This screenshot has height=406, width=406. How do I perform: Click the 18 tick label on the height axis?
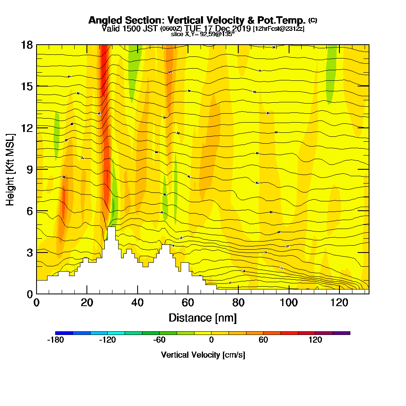pos(27,45)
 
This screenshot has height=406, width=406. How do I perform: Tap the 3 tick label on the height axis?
pos(29,252)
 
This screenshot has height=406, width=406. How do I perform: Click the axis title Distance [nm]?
pos(203,317)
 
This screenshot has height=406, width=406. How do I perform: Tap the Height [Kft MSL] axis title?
pos(11,169)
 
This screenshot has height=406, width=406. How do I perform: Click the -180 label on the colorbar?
pos(56,340)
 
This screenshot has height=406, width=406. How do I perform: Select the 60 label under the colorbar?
pos(263,340)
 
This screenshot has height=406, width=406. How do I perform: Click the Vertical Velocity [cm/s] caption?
pos(203,355)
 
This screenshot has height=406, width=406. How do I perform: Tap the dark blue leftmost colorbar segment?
pos(64,333)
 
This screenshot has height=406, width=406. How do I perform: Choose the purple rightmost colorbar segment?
pos(341,333)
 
